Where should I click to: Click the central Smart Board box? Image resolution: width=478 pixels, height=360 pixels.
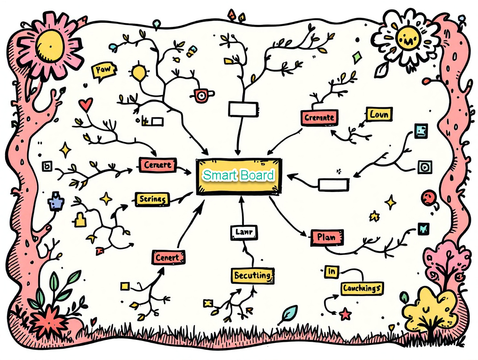(x=239, y=176)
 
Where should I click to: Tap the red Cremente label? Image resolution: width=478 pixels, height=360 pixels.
(x=319, y=118)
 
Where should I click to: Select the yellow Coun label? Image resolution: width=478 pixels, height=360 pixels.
(x=378, y=114)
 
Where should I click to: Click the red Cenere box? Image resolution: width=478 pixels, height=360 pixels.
(x=157, y=165)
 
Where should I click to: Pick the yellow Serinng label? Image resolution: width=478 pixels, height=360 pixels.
(x=152, y=199)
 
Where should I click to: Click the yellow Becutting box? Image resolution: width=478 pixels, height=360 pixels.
(x=252, y=275)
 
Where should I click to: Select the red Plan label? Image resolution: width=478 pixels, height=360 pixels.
(x=327, y=237)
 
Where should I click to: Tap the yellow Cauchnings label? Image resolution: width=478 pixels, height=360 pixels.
(x=362, y=288)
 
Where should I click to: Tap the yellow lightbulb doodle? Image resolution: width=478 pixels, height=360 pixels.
(x=139, y=72)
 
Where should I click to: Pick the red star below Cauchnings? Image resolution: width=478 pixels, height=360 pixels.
(x=345, y=314)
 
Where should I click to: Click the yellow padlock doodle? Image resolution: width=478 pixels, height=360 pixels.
(x=80, y=219)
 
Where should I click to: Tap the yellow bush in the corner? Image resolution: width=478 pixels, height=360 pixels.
(x=428, y=308)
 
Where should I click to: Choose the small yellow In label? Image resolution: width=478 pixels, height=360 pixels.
(x=331, y=271)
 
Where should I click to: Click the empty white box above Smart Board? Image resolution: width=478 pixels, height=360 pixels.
(x=243, y=109)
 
